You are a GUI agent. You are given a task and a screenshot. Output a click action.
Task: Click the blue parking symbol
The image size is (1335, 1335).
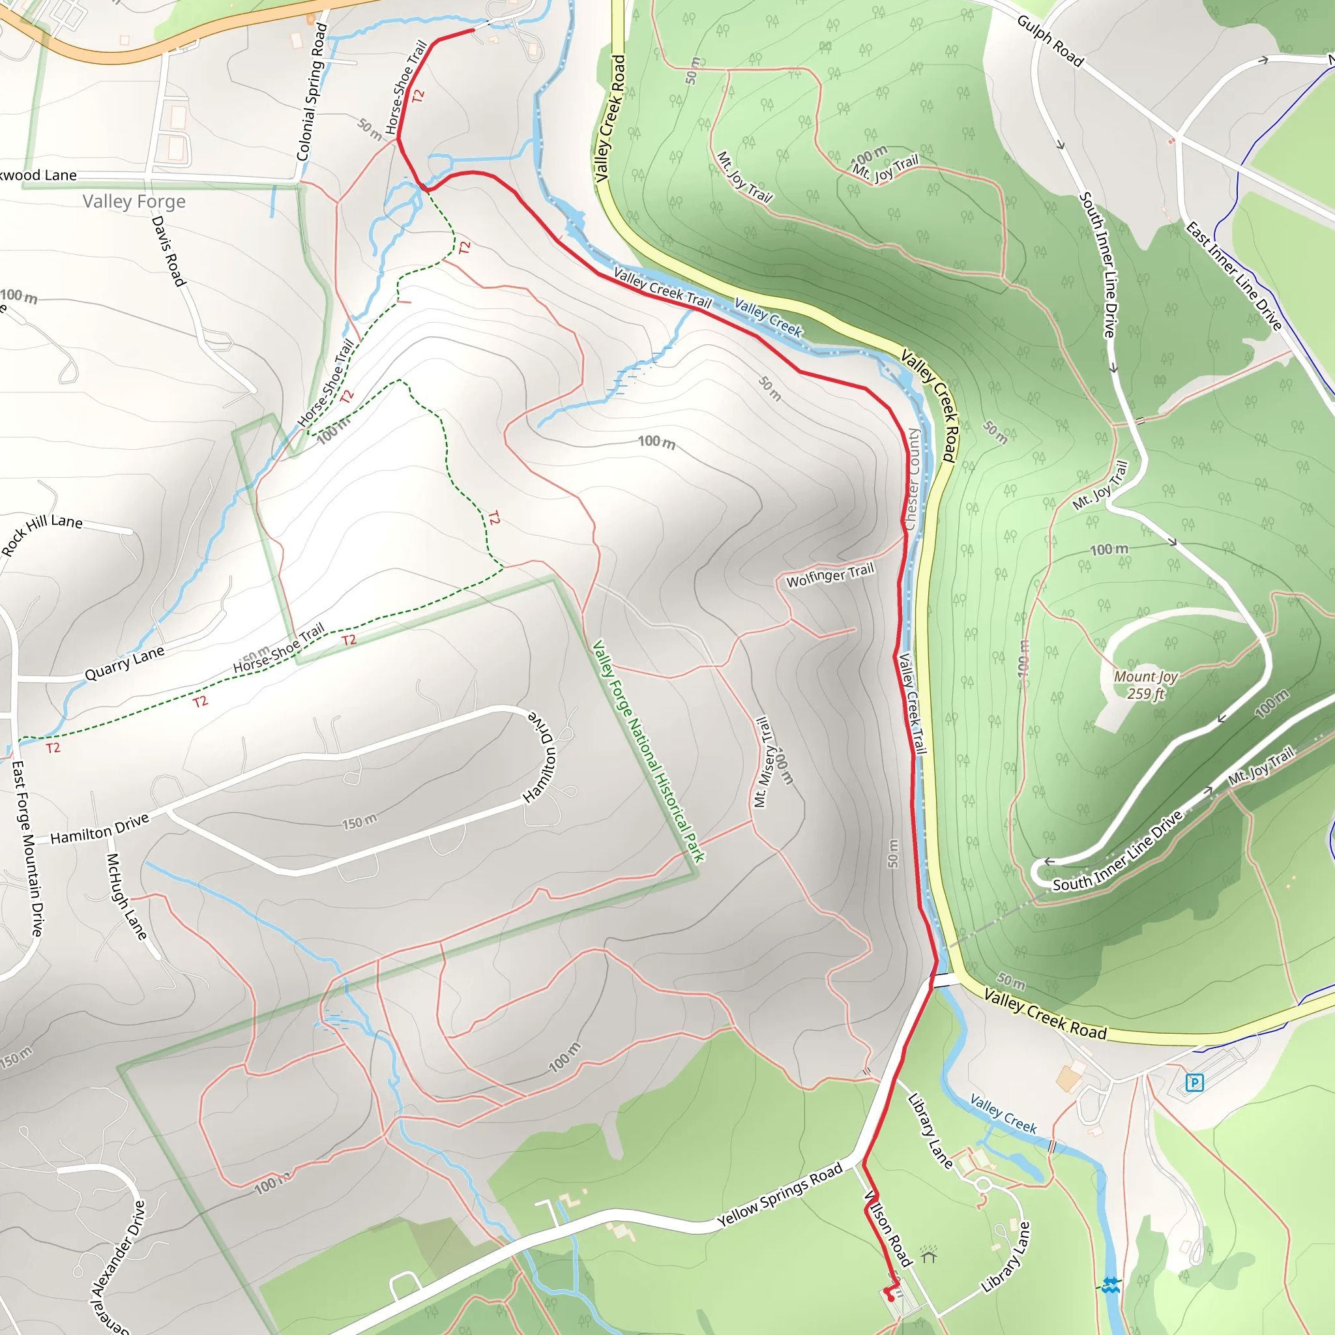click(1194, 1082)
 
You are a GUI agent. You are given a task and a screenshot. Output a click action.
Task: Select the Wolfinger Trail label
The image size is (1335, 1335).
click(830, 574)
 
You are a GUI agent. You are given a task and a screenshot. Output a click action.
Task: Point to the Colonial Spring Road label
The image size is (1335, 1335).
click(311, 92)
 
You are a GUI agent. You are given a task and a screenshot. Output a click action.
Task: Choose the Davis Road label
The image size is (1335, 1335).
click(169, 251)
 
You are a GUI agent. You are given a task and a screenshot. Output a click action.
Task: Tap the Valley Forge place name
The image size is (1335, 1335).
click(134, 202)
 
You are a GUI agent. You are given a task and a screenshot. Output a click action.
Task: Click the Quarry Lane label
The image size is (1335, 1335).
click(125, 664)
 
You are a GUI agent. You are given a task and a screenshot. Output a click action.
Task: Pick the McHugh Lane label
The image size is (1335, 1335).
click(126, 896)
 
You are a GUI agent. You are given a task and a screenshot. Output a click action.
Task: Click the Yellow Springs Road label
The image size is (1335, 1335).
click(780, 1194)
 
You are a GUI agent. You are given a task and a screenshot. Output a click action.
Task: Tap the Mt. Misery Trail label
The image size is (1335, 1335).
click(761, 762)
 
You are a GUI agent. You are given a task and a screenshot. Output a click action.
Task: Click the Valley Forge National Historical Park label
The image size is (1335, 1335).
click(648, 751)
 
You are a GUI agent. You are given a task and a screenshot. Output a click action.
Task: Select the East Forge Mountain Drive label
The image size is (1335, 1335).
click(27, 849)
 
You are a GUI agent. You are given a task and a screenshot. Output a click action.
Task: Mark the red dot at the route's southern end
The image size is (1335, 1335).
click(890, 1298)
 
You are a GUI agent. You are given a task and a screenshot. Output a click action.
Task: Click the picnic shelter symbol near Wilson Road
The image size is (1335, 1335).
click(929, 1254)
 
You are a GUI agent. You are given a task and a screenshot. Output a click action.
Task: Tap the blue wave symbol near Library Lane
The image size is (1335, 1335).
click(1110, 1286)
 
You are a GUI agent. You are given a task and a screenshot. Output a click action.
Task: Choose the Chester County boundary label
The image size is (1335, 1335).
click(912, 479)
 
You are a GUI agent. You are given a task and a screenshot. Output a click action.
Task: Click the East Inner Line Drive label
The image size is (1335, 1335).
click(1233, 276)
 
